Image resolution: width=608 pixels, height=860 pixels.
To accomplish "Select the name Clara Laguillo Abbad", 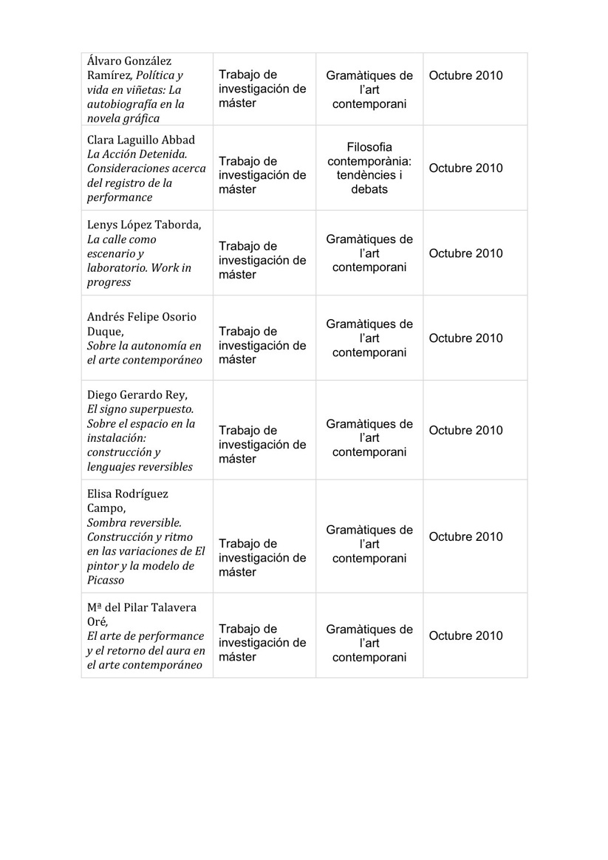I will click(x=140, y=140).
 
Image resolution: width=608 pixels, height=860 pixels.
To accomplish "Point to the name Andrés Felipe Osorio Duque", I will click(x=141, y=324).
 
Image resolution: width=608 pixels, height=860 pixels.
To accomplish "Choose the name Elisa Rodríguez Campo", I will click(x=129, y=501).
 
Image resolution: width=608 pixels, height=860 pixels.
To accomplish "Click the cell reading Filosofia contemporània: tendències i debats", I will click(x=369, y=168).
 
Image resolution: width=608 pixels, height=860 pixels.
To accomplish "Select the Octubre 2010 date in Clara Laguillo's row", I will click(x=465, y=168).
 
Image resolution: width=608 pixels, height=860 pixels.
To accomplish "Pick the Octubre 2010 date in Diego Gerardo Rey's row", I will click(x=465, y=430).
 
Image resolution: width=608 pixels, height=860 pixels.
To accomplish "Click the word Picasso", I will click(x=108, y=580).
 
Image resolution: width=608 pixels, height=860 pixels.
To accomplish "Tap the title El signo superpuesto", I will click(x=140, y=409).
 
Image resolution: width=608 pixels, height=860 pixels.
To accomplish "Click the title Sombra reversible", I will click(x=134, y=522).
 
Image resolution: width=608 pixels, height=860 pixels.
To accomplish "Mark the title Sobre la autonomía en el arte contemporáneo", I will click(x=144, y=353).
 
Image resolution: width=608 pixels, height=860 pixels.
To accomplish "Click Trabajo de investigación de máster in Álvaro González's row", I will click(x=262, y=89).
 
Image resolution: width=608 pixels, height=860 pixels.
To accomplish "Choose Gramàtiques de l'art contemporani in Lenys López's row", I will click(x=369, y=253).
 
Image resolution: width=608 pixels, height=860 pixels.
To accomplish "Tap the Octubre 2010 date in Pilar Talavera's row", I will click(x=465, y=635).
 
